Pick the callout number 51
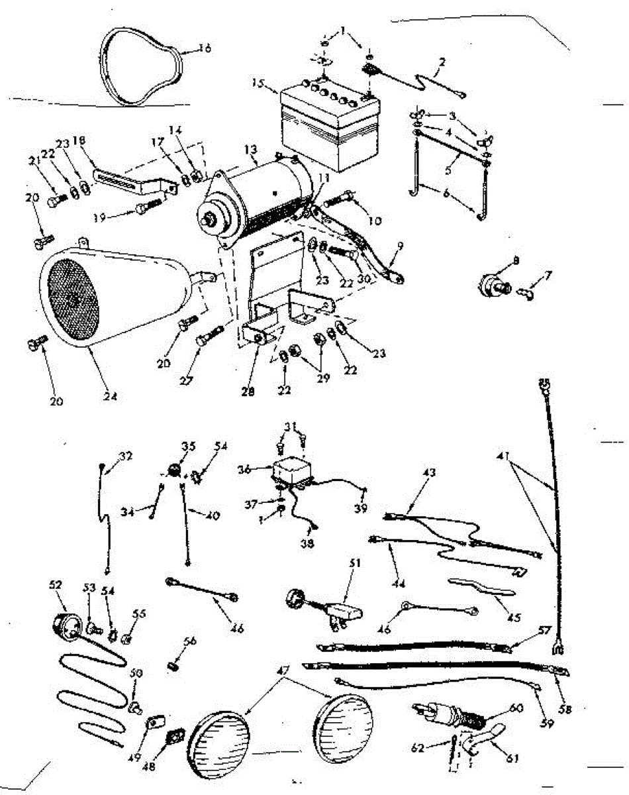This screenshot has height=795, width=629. click(x=356, y=563)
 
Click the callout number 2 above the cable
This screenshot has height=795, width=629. click(x=442, y=62)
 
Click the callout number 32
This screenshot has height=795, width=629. click(x=126, y=455)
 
